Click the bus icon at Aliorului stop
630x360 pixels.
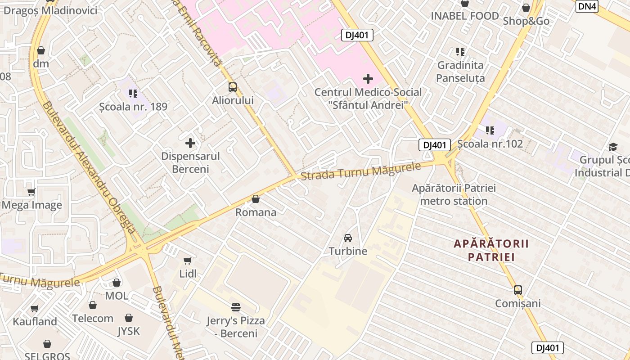(232, 87)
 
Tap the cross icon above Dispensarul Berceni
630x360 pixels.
(190, 144)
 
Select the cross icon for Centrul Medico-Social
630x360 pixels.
(368, 79)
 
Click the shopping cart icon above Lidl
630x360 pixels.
(188, 261)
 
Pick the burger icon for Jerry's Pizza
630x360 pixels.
(236, 307)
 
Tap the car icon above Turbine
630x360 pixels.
(348, 238)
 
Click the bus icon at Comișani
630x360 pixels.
(518, 290)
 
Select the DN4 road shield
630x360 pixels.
(587, 6)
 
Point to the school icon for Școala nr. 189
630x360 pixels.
(133, 94)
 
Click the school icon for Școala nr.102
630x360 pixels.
(490, 131)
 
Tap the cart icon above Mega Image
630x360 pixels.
(31, 192)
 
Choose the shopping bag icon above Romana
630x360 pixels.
(256, 199)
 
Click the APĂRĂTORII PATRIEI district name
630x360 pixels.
(491, 251)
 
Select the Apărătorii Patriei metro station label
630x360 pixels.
(454, 194)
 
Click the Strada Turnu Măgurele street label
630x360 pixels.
(360, 171)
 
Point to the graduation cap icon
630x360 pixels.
(613, 147)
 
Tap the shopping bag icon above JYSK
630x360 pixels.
(129, 318)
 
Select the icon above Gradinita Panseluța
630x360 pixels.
(460, 52)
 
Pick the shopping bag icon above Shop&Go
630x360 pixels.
(526, 8)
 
